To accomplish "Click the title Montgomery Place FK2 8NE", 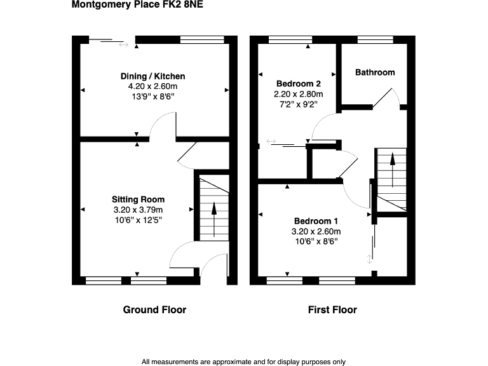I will [138, 6].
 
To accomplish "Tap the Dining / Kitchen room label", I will [153, 76].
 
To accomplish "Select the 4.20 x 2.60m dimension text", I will [153, 86].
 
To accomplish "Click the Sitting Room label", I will [139, 200].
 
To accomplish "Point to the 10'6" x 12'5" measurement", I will [139, 220].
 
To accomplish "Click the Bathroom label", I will [375, 72].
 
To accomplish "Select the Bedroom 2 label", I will [298, 84].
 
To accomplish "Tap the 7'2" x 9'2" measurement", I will [298, 104].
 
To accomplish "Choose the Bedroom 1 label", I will [316, 221].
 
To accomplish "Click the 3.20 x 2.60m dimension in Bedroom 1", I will [316, 231].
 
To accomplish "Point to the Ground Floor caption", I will [154, 310].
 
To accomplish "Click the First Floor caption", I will [332, 310].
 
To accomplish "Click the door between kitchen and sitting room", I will [163, 126].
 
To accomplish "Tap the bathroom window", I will [374, 39].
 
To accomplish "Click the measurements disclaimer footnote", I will [244, 362].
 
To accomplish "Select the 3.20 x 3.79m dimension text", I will [139, 210].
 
